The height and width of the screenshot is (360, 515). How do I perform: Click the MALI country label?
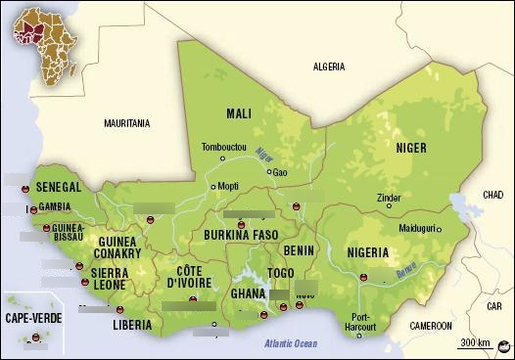[239, 112]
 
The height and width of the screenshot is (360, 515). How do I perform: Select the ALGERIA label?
[328, 67]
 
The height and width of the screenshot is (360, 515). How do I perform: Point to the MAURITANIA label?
[127, 124]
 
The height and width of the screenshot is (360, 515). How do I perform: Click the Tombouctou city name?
[224, 148]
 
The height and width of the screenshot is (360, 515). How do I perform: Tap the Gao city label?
[280, 172]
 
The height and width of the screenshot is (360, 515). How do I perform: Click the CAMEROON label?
[431, 325]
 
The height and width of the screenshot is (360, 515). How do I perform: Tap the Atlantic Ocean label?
[290, 342]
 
